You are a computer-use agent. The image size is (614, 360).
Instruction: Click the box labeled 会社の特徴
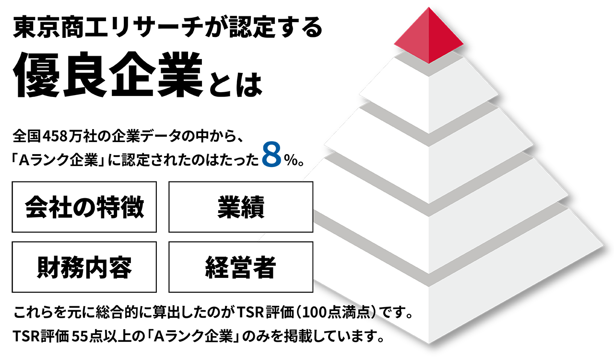84,207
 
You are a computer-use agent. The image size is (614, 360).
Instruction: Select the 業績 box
241,207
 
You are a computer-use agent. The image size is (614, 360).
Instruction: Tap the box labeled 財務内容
84,267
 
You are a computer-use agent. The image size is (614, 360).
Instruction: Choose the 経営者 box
241,267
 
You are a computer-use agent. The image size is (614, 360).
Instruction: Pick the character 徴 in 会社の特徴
132,208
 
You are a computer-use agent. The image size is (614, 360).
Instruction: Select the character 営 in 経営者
241,268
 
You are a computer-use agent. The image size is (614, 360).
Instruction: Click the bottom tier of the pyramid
428,298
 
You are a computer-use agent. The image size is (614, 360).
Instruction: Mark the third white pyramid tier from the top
428,211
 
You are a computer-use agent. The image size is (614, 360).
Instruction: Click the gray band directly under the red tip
428,69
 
